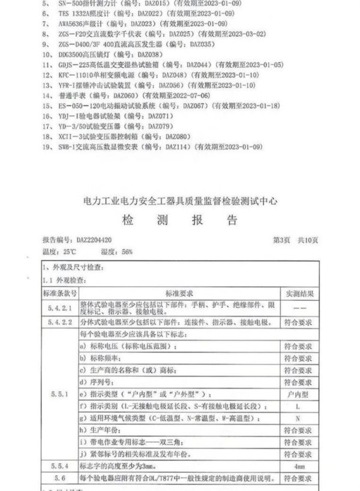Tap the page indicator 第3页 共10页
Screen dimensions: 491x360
[295, 241]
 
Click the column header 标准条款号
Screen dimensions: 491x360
[59, 292]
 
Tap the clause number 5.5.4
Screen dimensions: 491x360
[59, 465]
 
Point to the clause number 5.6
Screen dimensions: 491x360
[59, 478]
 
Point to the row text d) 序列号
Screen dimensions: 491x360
[99, 382]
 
